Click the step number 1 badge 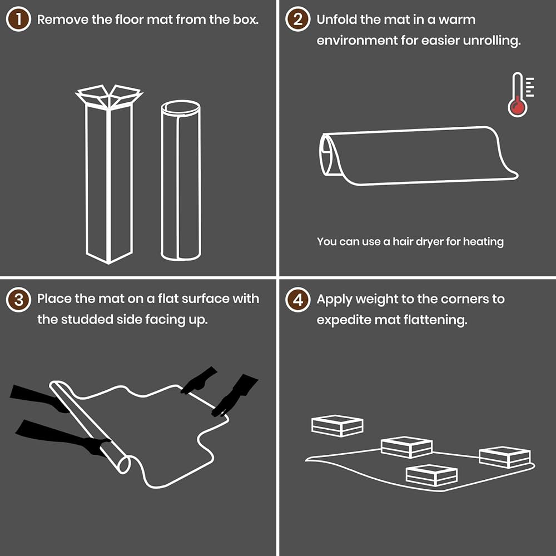(x=18, y=19)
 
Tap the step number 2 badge (x=298, y=19)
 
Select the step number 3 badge (x=18, y=299)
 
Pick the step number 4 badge (x=298, y=299)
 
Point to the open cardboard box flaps (x=109, y=96)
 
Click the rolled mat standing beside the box (x=181, y=181)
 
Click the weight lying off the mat (x=337, y=425)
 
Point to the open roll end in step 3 (x=124, y=464)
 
